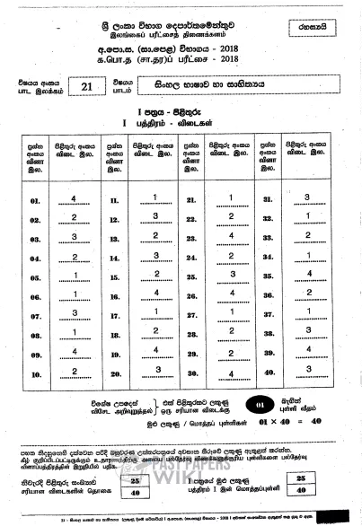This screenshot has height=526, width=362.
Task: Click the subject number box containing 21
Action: coord(86,87)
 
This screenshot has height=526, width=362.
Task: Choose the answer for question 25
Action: coord(231,275)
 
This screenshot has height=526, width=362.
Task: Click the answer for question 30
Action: coord(231,372)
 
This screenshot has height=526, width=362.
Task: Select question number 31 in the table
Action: coord(267,200)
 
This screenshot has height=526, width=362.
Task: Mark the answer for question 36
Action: coord(307,294)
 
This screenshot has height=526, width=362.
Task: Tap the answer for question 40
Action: coord(307,370)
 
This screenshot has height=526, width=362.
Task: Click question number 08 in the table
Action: coord(36,333)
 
